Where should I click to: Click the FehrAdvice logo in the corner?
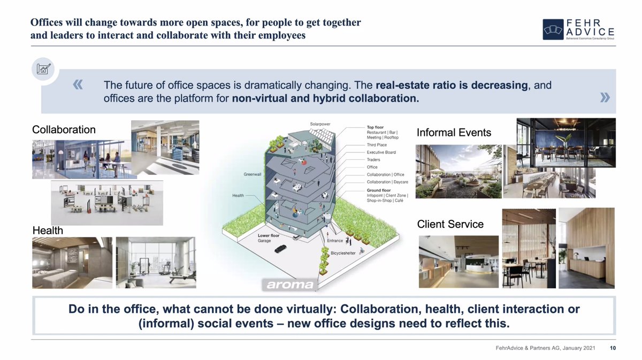(579, 29)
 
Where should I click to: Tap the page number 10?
(613, 348)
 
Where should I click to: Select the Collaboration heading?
(64, 129)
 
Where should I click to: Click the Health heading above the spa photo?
(48, 231)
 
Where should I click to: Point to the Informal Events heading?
(454, 133)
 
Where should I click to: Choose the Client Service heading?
(450, 224)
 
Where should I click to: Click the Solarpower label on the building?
(320, 124)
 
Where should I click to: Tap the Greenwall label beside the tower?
(252, 174)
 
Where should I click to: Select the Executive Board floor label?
(381, 152)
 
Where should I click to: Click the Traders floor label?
(373, 159)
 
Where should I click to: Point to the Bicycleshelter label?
(343, 253)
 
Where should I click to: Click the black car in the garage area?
(280, 249)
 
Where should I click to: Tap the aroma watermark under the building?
(290, 285)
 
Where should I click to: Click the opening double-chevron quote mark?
(78, 85)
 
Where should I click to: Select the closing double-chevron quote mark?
(605, 97)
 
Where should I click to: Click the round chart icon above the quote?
(43, 69)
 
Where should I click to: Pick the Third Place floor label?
(377, 145)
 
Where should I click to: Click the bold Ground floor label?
(379, 190)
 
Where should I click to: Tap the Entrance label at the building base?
(335, 241)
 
